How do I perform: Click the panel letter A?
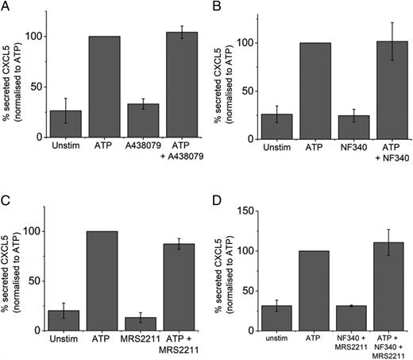point(6,6)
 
